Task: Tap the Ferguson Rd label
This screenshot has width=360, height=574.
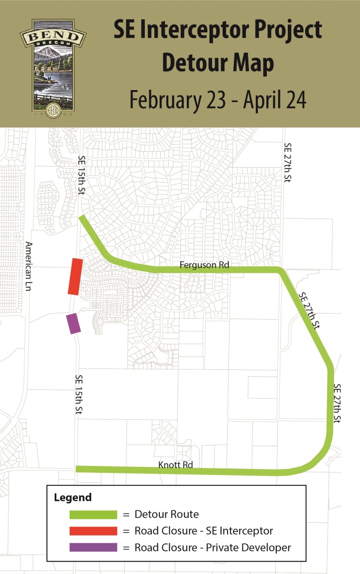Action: click(205, 265)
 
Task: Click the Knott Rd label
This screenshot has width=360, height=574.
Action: click(175, 465)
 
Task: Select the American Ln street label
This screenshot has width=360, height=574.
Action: click(29, 266)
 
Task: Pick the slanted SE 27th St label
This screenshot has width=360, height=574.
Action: click(309, 311)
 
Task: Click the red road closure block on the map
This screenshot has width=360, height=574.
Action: click(75, 276)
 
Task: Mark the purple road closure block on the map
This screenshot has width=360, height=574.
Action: click(73, 323)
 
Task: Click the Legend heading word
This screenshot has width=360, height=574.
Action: click(72, 497)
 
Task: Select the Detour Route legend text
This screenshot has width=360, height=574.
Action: click(167, 514)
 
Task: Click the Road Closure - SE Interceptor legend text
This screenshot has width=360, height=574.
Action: click(204, 531)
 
